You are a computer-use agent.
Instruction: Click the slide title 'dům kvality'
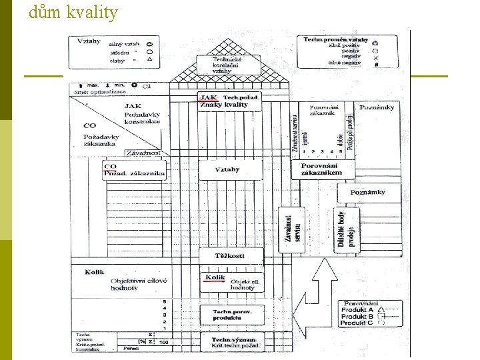[73, 12]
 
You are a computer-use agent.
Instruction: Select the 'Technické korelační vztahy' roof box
[223, 65]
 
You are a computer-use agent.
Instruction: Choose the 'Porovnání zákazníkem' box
[321, 169]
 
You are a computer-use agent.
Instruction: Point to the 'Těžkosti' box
[230, 256]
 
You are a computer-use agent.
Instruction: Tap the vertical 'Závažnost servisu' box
[291, 229]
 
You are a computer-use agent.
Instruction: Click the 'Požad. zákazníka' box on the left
[133, 170]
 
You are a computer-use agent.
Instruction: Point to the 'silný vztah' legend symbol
[150, 44]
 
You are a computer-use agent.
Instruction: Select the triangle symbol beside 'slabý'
[150, 60]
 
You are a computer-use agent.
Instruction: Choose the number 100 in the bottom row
[163, 343]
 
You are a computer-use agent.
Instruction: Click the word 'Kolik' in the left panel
[95, 272]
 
